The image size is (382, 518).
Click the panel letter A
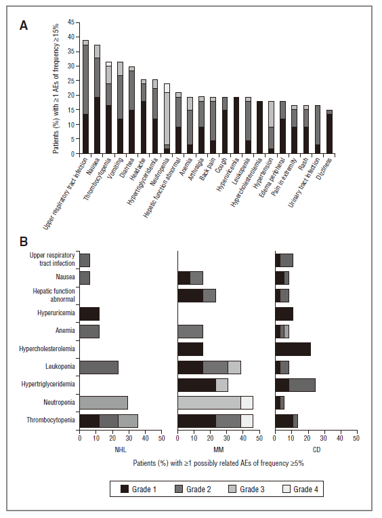click(24, 26)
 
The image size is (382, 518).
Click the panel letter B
click(24, 241)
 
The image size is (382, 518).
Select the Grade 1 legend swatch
click(125, 489)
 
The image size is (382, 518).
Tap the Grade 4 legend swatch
click(286, 489)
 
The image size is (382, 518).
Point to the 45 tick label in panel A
click(71, 22)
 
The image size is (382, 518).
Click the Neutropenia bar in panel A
click(167, 119)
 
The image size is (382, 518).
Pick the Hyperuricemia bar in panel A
click(236, 125)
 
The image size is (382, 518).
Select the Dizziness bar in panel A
click(329, 132)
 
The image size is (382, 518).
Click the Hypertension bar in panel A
click(271, 127)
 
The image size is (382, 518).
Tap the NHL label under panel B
click(121, 450)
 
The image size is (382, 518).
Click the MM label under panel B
click(218, 450)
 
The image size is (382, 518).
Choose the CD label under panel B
click(316, 450)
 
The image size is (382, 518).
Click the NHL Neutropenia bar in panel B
click(104, 402)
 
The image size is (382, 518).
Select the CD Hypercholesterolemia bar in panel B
click(293, 349)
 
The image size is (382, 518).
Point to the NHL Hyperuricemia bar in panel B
click(89, 314)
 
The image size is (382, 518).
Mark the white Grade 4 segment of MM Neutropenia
click(247, 402)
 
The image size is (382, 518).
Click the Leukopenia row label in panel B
click(60, 366)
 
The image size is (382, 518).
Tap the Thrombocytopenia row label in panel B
click(51, 420)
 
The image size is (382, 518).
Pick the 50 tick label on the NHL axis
click(161, 438)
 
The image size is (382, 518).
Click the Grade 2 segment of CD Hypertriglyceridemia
click(302, 385)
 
